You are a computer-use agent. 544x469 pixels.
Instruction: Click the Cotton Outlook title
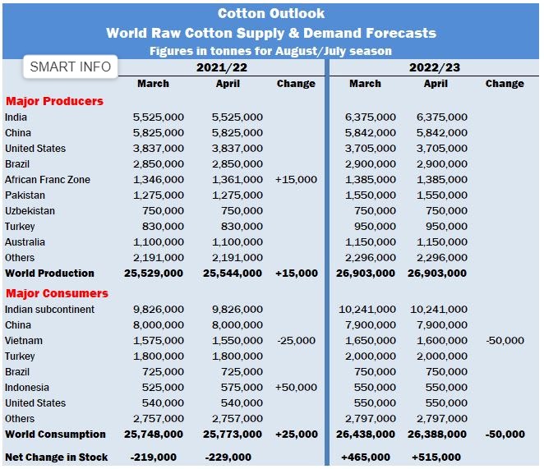[271, 13]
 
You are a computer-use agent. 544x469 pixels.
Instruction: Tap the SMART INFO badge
[70, 67]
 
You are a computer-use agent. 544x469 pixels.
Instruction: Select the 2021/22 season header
[222, 67]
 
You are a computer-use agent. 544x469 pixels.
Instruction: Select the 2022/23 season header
[434, 67]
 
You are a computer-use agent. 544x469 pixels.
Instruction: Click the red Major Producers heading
[54, 101]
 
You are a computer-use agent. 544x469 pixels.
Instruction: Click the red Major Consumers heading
[57, 293]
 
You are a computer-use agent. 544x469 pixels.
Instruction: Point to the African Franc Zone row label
[48, 180]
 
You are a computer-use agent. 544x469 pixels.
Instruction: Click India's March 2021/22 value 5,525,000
[159, 117]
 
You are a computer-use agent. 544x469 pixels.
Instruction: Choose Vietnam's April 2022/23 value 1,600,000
[442, 341]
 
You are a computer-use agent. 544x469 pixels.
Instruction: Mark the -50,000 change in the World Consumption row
[505, 435]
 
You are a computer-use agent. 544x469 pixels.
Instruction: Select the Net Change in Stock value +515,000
[436, 458]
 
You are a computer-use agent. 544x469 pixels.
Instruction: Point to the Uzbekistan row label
[31, 211]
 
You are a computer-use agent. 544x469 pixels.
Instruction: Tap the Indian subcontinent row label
[49, 310]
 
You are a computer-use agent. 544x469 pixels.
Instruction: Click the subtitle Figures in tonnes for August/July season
[270, 51]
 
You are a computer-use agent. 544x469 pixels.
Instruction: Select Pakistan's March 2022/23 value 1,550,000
[371, 195]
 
